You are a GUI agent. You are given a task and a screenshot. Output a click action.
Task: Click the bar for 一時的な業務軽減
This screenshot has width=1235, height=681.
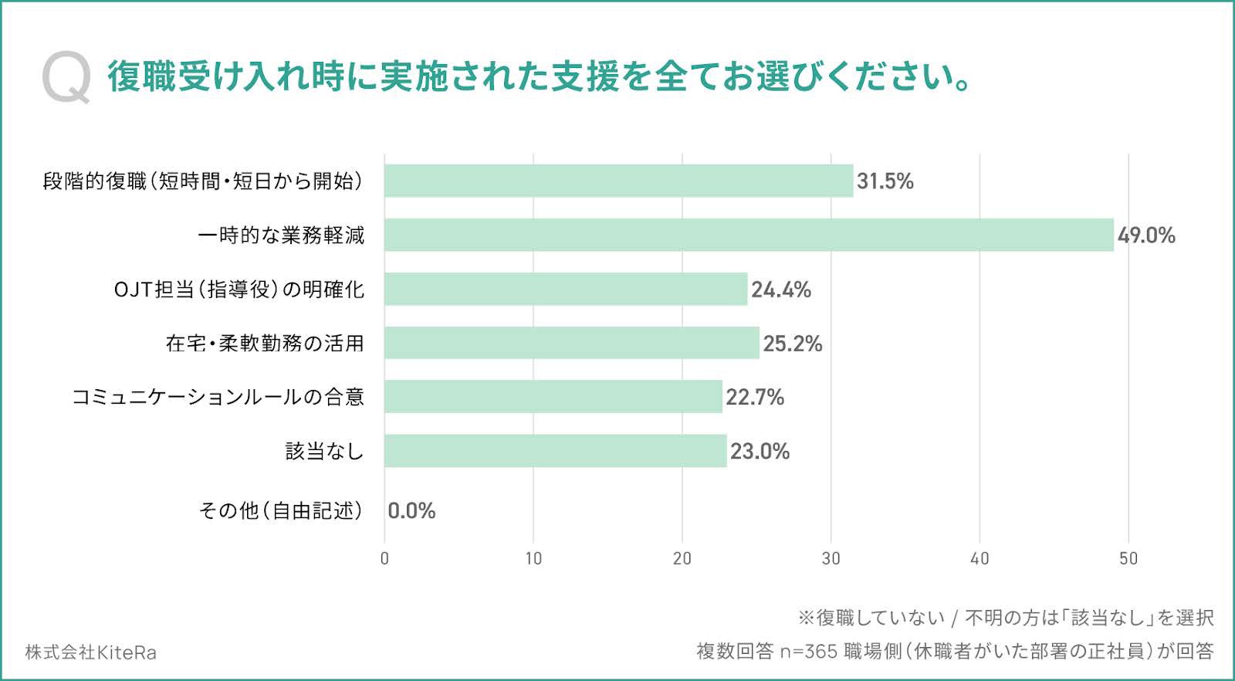pos(749,235)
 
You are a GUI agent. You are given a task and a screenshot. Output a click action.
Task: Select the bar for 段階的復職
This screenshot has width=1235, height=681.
pos(618,181)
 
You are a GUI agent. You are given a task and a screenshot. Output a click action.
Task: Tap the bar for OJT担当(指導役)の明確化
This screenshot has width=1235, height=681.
pos(566,289)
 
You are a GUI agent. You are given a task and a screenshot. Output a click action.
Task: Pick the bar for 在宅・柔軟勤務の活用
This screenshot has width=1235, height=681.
pos(572,343)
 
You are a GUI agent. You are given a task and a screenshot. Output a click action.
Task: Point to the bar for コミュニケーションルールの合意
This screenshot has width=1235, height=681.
pos(553,397)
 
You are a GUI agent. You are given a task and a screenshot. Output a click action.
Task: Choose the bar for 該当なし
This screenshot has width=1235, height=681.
pos(556,451)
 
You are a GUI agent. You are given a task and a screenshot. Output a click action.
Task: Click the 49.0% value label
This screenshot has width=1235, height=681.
pos(1146,235)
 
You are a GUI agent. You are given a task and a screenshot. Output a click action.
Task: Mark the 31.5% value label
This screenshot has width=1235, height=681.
pos(885,181)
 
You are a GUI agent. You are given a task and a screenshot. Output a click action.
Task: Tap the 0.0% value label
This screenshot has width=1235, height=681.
pos(411,511)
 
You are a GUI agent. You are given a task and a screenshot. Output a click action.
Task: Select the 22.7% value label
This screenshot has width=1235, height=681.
pos(755,398)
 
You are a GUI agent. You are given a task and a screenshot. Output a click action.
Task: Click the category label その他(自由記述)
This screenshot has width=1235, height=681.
pos(281,511)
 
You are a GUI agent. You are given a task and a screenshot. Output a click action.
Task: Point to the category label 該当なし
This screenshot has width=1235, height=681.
pos(324,451)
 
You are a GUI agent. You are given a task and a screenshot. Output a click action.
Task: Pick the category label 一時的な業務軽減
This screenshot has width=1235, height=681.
pos(281,235)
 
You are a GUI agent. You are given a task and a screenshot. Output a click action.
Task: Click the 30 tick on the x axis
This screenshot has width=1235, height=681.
pos(831,559)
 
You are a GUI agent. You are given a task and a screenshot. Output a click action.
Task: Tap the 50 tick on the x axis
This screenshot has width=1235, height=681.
pos(1128,559)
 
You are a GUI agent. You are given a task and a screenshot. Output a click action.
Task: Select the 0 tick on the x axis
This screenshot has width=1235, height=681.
pos(384,559)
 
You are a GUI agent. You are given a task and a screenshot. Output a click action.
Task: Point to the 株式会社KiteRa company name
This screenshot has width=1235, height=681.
pos(90,652)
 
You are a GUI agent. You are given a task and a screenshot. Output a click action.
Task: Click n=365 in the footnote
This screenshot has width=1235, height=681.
pos(808,652)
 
